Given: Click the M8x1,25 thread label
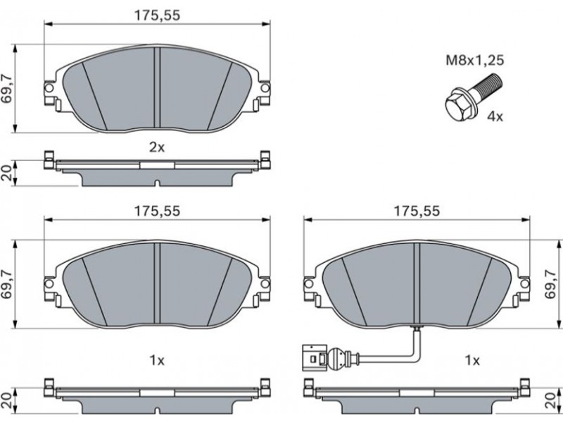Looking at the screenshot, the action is [x=474, y=60].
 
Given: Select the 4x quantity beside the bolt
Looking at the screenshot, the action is [x=495, y=116].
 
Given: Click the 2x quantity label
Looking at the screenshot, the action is [x=156, y=147].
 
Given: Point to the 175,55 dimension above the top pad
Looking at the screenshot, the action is [x=157, y=15].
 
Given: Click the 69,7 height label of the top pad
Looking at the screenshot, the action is [x=8, y=89].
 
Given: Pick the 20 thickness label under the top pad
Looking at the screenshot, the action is [x=8, y=173].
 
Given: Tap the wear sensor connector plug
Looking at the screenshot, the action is [x=315, y=357].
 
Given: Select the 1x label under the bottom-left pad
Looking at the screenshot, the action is [x=156, y=360].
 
